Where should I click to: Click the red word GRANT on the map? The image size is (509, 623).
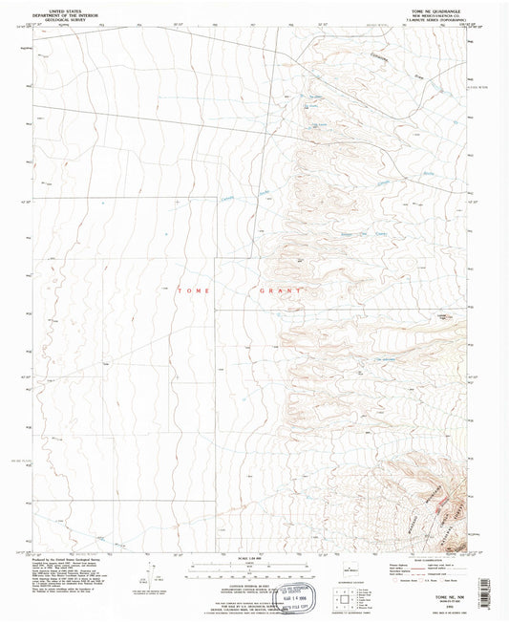(279, 290)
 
